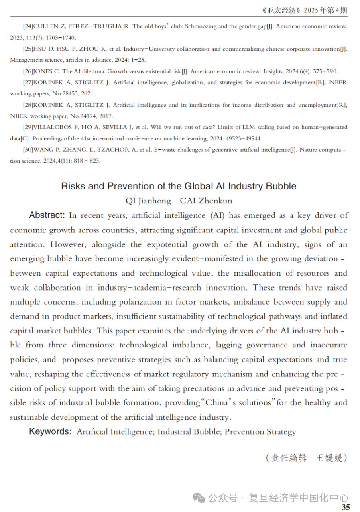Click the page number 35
point(346,507)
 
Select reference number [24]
point(28,26)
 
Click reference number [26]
point(28,71)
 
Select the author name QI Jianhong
point(148,201)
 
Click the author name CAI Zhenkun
point(206,201)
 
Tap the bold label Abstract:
point(47,215)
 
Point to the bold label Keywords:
point(50,431)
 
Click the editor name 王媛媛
point(329,458)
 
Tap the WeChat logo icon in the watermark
point(200,498)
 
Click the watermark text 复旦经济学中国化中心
point(299,498)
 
